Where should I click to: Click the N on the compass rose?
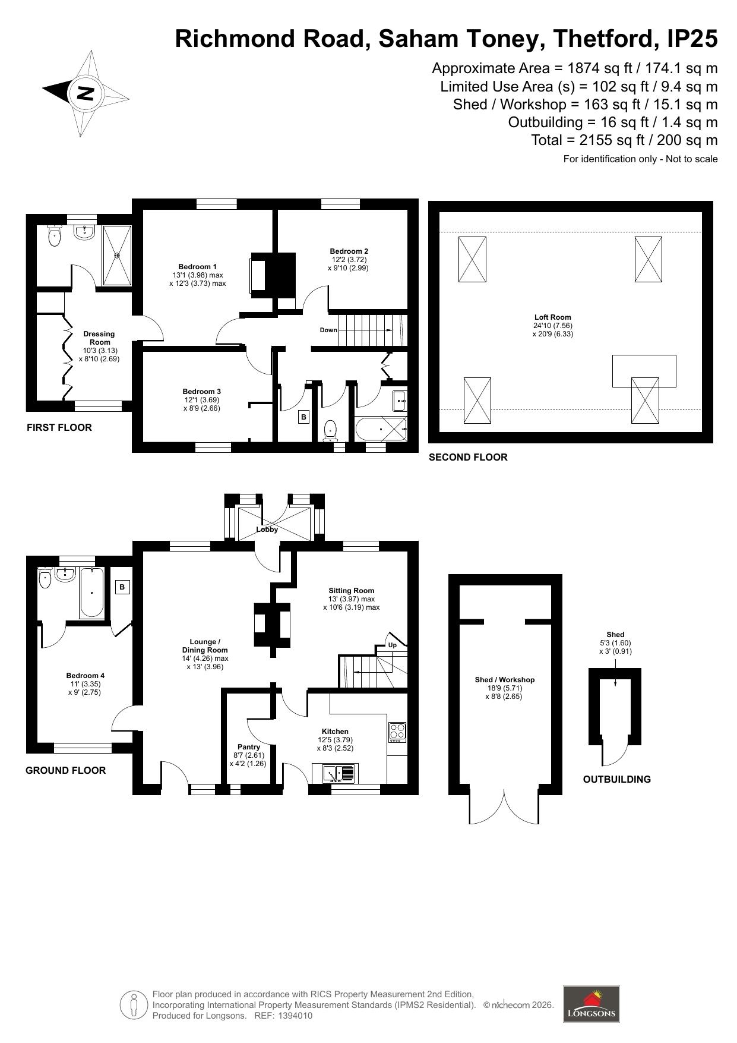[x=86, y=93]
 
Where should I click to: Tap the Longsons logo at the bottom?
[x=591, y=1004]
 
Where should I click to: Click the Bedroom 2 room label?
[x=349, y=251]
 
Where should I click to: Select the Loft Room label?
[x=552, y=317]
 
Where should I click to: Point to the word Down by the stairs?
[x=328, y=330]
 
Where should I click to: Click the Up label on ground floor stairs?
[x=392, y=645]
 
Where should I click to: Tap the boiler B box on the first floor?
[x=303, y=417]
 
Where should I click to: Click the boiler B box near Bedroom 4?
[x=122, y=587]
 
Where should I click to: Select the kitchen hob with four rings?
[x=397, y=732]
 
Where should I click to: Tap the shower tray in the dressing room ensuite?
[x=117, y=256]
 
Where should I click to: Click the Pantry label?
[x=249, y=747]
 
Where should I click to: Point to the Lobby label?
[x=267, y=530]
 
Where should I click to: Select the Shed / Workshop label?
[x=505, y=680]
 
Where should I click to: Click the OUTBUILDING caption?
[x=616, y=779]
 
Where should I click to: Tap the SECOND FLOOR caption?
[x=468, y=457]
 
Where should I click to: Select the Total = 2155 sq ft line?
[x=624, y=140]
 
